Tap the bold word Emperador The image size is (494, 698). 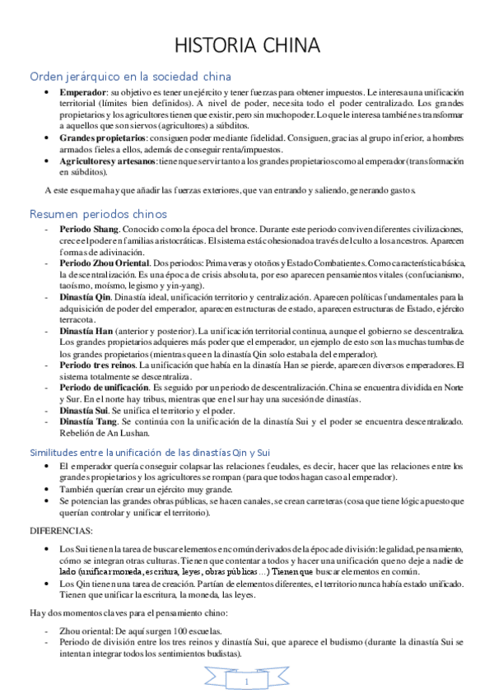click(83, 91)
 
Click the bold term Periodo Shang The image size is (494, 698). click(90, 228)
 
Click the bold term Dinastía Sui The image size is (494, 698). click(85, 410)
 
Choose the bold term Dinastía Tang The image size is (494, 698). click(88, 421)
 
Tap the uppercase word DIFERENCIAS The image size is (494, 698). click(61, 531)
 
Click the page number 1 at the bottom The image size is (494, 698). click(246, 682)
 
